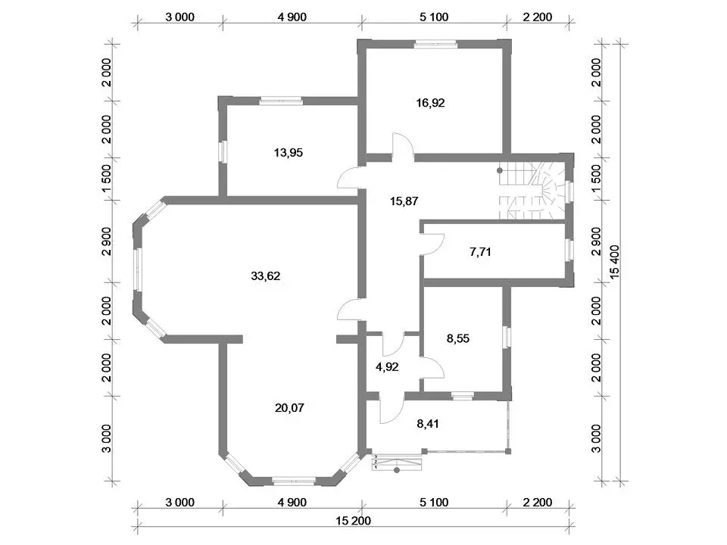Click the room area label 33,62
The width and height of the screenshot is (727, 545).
click(x=265, y=276)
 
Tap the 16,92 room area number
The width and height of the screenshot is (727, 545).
click(x=430, y=103)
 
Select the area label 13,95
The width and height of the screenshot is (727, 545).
click(x=289, y=152)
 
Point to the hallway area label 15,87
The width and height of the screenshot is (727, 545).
click(x=404, y=201)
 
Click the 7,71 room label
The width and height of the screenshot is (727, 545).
click(x=480, y=252)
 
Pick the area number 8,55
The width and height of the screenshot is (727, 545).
click(x=458, y=339)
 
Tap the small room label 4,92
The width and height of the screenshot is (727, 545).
click(x=387, y=367)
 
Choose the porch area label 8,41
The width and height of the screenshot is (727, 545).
click(x=427, y=424)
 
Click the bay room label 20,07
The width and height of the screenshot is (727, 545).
click(x=289, y=408)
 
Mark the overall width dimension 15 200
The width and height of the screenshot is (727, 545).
click(x=354, y=521)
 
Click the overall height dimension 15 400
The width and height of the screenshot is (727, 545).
click(x=615, y=263)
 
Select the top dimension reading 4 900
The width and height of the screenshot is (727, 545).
click(x=292, y=17)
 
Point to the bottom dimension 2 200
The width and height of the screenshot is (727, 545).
click(x=538, y=503)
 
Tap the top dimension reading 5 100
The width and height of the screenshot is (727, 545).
click(x=434, y=17)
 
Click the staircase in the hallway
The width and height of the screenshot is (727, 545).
click(x=532, y=191)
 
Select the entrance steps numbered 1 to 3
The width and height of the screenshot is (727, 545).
click(x=397, y=463)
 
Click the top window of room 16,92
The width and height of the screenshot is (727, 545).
click(x=435, y=45)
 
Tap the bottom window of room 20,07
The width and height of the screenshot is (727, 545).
click(x=294, y=481)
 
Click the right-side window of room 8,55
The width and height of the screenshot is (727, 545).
click(x=507, y=337)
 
